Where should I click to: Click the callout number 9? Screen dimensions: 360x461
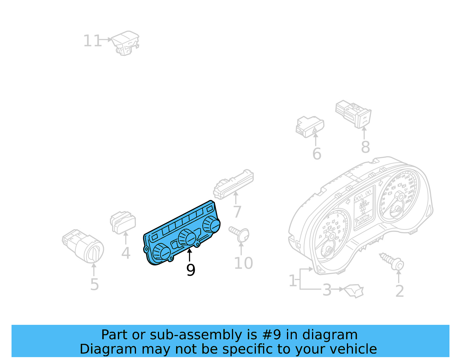190,270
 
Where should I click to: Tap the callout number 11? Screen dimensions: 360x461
92,41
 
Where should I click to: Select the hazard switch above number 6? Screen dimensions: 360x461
310,127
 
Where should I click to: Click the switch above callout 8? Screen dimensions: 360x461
354,114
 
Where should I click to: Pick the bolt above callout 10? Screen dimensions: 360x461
240,234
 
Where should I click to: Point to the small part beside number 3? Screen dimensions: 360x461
354,291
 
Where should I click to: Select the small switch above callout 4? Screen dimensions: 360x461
123,223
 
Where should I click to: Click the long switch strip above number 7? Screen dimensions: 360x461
233,184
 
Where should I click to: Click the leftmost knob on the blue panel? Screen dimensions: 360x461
161,252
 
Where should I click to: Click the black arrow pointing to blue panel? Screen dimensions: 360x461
189,255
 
